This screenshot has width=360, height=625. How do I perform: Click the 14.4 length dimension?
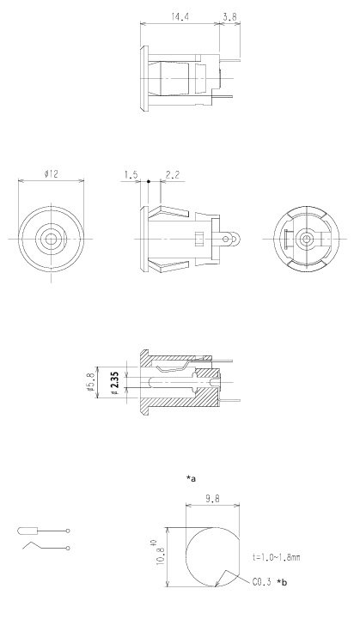coord(180,15)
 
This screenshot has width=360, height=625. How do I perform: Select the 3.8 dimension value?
coord(229,15)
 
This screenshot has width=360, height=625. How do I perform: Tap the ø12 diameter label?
coord(51,174)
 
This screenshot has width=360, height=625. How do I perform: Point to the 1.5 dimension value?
coord(131,174)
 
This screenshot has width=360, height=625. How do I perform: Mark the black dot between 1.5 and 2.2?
coord(149,181)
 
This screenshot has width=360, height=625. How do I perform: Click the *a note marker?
coord(191,477)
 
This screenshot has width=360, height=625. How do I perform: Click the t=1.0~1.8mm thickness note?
coord(276,558)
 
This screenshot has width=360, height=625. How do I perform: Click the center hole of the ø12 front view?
coord(52,237)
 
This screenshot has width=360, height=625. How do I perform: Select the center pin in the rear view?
coord(306,237)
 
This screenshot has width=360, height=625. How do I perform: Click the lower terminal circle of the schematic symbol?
coord(67,546)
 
